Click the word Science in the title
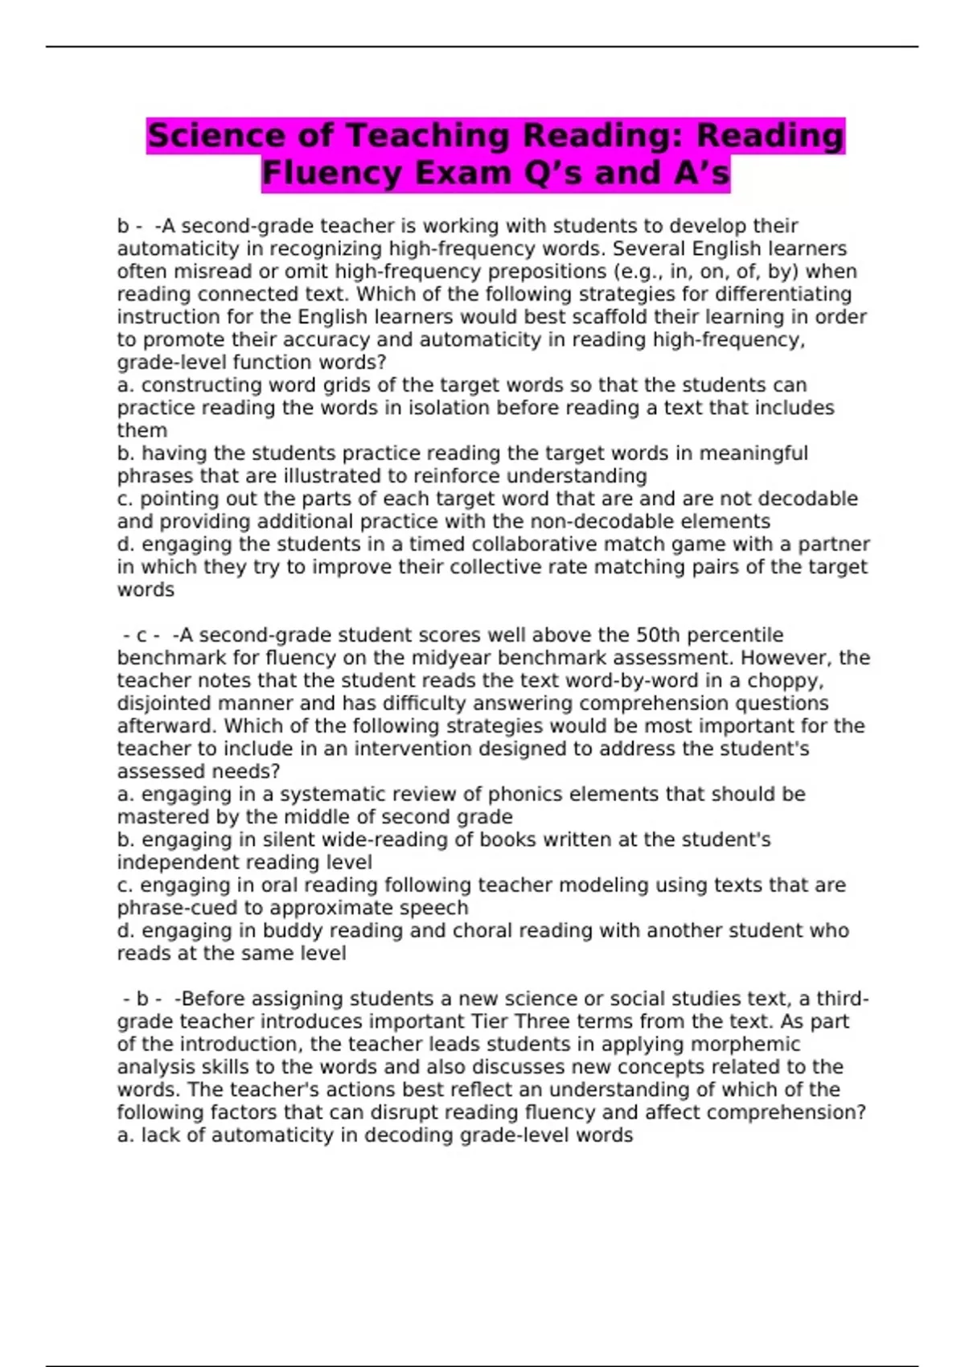[x=216, y=135]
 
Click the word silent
[x=231, y=840]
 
